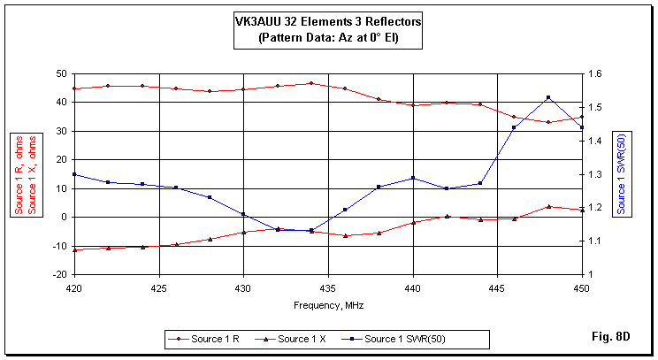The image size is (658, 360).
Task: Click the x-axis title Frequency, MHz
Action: pyautogui.click(x=328, y=304)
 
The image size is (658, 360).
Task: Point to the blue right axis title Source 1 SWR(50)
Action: pyautogui.click(x=622, y=174)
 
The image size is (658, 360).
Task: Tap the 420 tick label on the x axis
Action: pyautogui.click(x=74, y=288)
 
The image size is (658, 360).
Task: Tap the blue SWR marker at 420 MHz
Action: pyautogui.click(x=74, y=174)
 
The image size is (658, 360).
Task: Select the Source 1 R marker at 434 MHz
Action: pyautogui.click(x=311, y=83)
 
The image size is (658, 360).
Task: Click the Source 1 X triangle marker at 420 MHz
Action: pyautogui.click(x=74, y=249)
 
